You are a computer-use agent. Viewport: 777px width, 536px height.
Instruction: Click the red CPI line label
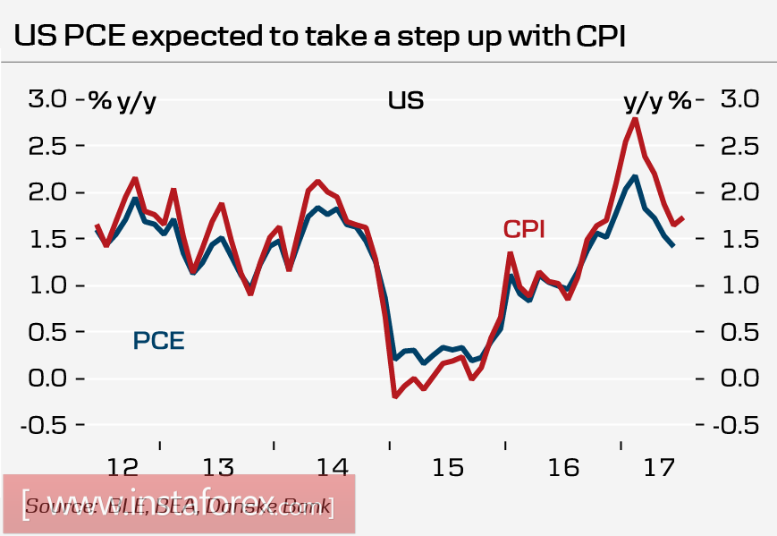point(525,229)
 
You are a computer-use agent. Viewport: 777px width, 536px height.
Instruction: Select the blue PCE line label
point(158,341)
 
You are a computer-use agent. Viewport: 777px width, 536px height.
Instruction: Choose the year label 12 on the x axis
point(122,467)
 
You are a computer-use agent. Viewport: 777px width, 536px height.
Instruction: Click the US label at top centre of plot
point(405,100)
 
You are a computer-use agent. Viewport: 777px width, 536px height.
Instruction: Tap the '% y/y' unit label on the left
point(122,101)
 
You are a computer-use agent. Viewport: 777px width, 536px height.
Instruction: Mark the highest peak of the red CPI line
point(635,119)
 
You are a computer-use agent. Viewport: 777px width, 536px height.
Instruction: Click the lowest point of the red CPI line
point(394,396)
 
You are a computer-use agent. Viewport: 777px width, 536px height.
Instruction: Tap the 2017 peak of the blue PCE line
point(634,177)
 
